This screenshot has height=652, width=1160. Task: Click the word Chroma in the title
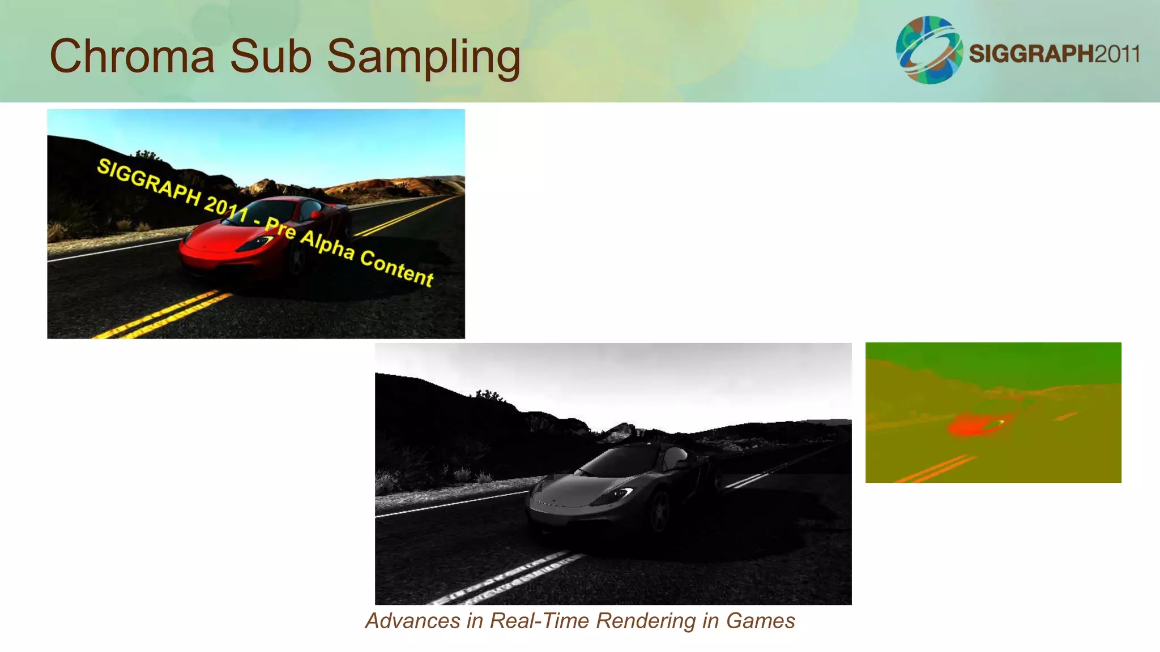tap(132, 56)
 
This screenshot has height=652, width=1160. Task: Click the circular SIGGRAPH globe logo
tap(929, 50)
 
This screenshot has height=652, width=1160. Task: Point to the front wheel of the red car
tap(296, 259)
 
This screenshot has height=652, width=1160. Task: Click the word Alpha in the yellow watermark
tap(327, 244)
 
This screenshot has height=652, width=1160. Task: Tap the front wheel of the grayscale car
tap(660, 512)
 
